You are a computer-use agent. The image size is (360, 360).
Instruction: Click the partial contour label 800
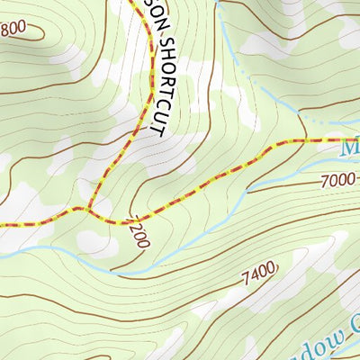tap(13, 28)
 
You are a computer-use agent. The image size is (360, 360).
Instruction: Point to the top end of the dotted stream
tap(219, 5)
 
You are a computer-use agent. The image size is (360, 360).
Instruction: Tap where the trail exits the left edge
tap(3, 224)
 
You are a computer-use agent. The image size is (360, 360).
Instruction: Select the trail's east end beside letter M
tap(340, 140)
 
